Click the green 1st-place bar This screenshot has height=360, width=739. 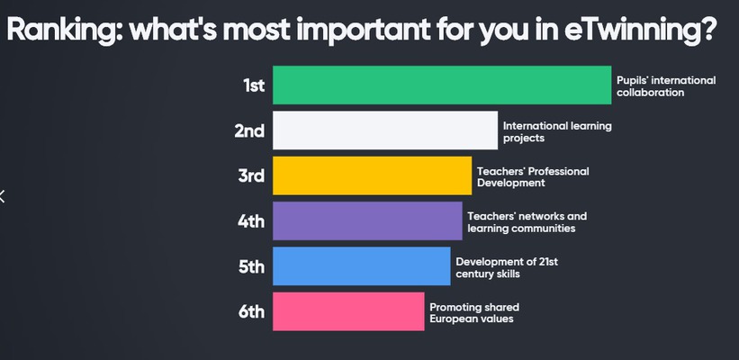(x=442, y=85)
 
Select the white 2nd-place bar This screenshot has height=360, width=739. (x=385, y=130)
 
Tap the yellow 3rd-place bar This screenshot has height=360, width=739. (x=373, y=175)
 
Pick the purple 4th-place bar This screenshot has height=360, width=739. (x=367, y=221)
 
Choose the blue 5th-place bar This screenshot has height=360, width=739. (x=362, y=266)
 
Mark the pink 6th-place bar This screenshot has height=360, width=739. (x=348, y=311)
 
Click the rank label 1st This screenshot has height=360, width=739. (x=254, y=85)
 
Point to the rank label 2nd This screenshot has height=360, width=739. (x=249, y=131)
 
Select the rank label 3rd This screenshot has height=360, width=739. (x=251, y=176)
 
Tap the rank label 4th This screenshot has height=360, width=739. (x=251, y=221)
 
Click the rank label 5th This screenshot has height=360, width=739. (x=251, y=266)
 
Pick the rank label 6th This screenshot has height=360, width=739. (x=251, y=312)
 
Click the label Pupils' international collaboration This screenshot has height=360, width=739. (x=666, y=86)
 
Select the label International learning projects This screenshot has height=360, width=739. (x=557, y=132)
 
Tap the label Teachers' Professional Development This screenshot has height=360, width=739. (x=533, y=176)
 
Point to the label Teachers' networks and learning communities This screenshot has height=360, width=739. (x=527, y=222)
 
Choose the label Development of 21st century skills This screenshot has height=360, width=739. (x=507, y=267)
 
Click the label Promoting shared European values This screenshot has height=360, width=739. (x=474, y=313)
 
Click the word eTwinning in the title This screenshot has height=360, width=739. (x=640, y=30)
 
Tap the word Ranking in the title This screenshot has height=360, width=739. (x=65, y=30)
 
